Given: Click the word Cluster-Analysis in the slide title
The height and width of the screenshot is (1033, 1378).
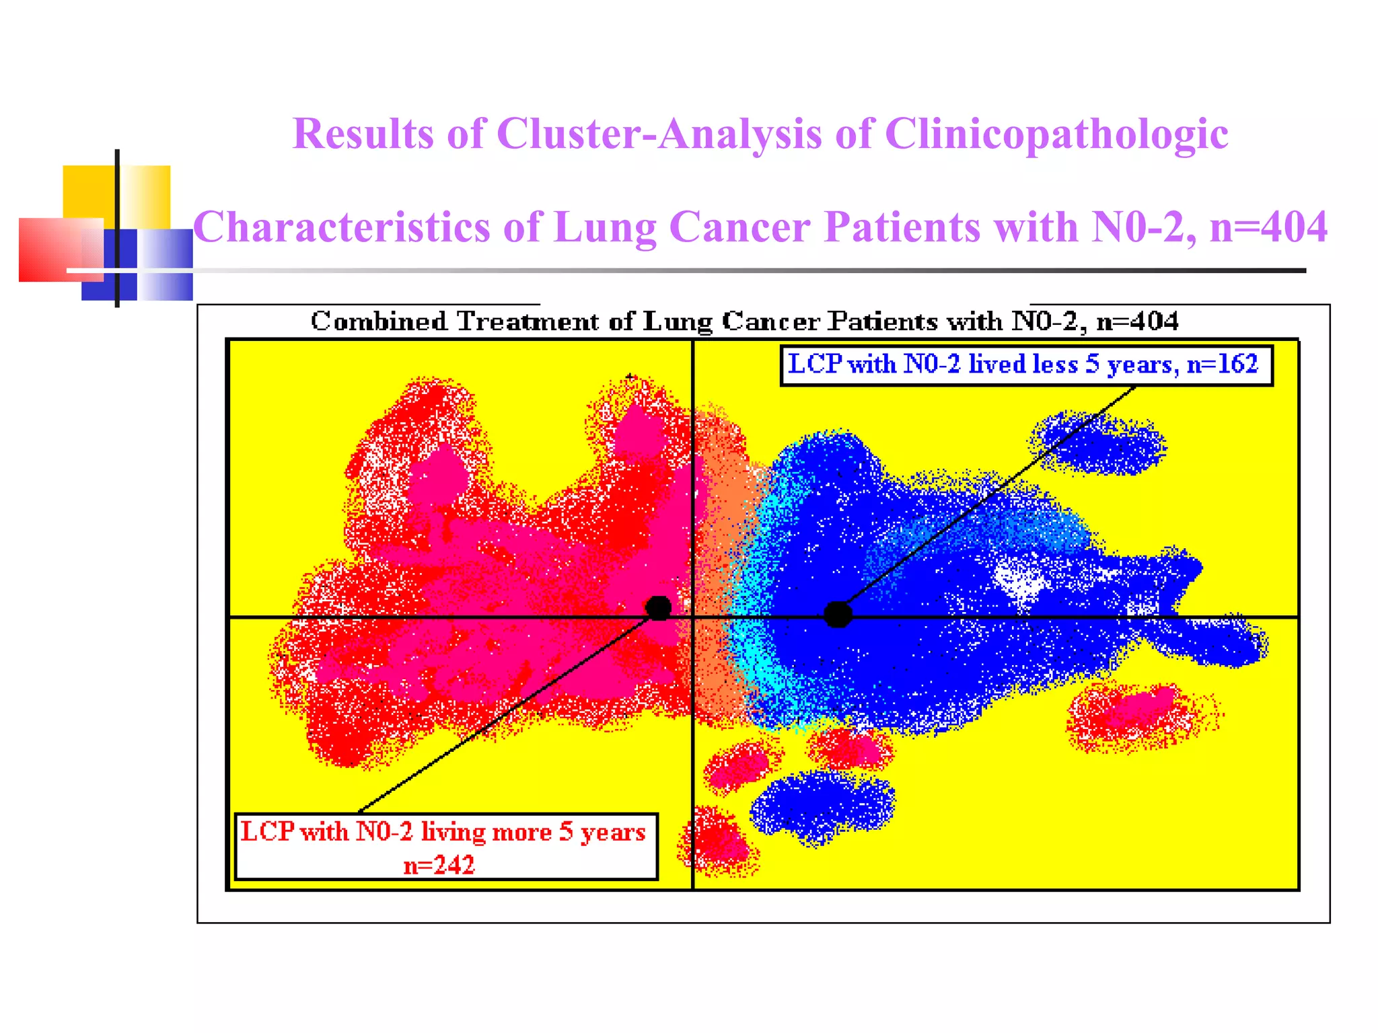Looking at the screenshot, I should click(x=659, y=134).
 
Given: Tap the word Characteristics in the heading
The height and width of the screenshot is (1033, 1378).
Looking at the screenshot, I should click(x=342, y=227).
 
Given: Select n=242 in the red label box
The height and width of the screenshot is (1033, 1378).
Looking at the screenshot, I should click(x=439, y=865).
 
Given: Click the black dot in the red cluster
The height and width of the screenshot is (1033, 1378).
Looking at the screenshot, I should click(x=658, y=608).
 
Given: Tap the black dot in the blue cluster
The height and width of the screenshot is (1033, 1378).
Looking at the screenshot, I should click(x=838, y=614).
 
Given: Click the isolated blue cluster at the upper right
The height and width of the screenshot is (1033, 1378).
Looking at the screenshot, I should click(x=1100, y=444).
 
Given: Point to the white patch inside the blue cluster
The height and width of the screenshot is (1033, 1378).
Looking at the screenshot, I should click(x=1019, y=580).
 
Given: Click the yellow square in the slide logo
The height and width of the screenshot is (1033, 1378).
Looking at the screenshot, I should click(x=89, y=192).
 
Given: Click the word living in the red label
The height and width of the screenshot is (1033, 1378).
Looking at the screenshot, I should click(x=454, y=833).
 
